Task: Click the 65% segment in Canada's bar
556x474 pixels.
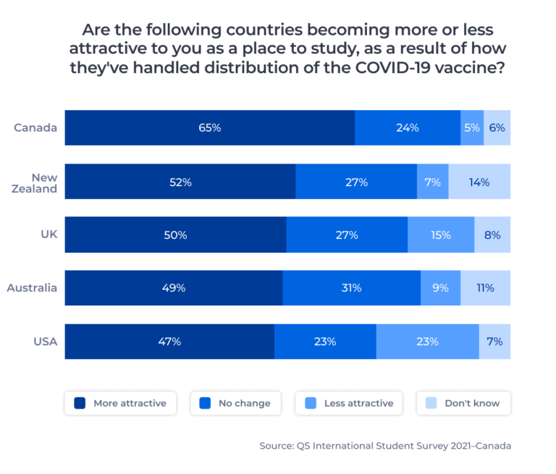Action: click(x=210, y=128)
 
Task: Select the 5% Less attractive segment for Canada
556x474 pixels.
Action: click(x=472, y=128)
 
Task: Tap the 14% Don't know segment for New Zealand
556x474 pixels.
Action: click(x=479, y=182)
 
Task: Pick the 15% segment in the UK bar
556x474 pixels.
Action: click(x=440, y=235)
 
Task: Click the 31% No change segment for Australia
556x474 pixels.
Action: click(x=351, y=288)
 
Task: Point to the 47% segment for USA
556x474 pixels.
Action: click(x=169, y=342)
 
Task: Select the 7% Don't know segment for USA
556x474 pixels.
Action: click(x=494, y=342)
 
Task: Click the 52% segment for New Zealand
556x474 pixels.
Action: click(x=180, y=182)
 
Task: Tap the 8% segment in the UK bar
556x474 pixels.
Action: click(x=492, y=235)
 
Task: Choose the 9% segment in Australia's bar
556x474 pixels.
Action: click(x=440, y=288)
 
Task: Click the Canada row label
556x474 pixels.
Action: click(x=35, y=128)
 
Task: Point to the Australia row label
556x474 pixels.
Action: click(x=32, y=288)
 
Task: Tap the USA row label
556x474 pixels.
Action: click(x=45, y=342)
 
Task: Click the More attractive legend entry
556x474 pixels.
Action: click(x=120, y=403)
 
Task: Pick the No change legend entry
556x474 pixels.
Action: click(x=236, y=403)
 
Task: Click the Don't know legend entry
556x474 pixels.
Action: click(x=463, y=403)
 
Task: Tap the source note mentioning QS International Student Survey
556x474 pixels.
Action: click(x=385, y=446)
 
